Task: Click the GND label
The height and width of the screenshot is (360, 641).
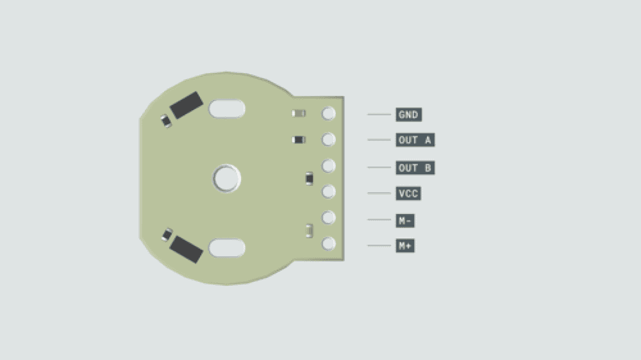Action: click(408, 115)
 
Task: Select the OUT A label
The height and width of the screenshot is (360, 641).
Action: click(415, 140)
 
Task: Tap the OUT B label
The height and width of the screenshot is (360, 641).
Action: click(415, 168)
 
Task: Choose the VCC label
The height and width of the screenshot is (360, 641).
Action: click(408, 193)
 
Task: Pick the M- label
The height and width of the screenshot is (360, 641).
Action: click(405, 220)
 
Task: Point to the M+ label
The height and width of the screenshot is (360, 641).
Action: click(405, 245)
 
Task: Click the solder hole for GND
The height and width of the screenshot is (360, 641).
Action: click(328, 113)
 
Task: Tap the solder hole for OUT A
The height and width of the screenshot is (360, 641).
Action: click(328, 140)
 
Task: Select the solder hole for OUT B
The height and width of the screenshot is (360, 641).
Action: click(328, 167)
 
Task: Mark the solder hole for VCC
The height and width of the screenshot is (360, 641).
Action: click(328, 192)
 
